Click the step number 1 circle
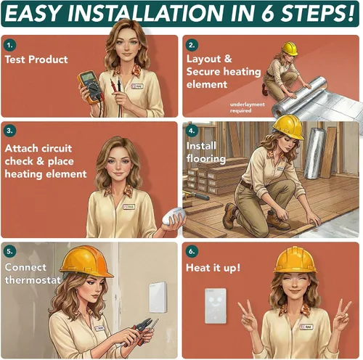[10, 45]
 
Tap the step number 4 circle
[192, 131]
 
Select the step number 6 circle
[192, 251]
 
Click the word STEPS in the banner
[317, 13]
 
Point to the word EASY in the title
[33, 13]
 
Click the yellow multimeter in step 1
[90, 88]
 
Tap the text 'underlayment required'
[247, 107]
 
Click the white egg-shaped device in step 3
[174, 216]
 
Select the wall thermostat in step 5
[158, 297]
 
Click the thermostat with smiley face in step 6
[216, 306]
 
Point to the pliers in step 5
[142, 331]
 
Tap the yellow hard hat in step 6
[295, 260]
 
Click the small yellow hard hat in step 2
[290, 49]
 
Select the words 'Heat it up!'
[213, 268]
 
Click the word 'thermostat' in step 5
[33, 280]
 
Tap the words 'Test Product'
[36, 60]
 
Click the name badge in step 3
[129, 207]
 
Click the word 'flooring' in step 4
[206, 159]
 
